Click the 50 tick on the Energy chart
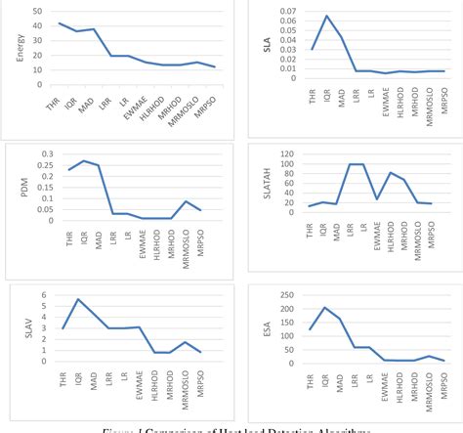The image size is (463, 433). [37, 11]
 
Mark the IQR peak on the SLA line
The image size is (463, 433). [326, 16]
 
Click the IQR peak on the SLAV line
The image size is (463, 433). [77, 299]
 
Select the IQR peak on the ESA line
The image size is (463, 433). [325, 308]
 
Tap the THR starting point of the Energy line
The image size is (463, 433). [60, 22]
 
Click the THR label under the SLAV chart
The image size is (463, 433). [62, 378]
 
